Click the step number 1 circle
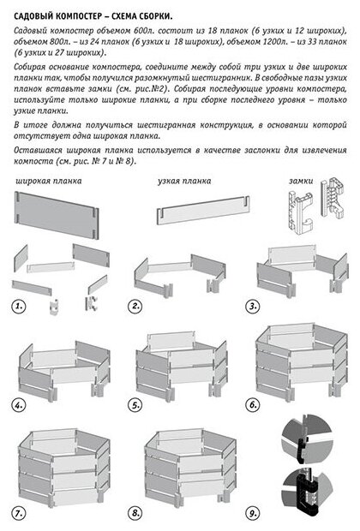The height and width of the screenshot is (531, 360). point(18,307)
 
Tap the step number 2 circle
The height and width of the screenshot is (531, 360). point(135,306)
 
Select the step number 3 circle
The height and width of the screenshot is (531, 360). point(252,307)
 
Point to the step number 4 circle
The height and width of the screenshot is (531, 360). point(18,405)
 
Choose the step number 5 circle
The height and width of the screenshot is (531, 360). point(135,405)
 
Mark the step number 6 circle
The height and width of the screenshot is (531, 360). point(252,405)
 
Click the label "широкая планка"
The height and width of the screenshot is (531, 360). point(49,182)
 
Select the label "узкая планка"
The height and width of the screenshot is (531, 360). point(184,182)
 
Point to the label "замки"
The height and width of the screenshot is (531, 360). point(301,182)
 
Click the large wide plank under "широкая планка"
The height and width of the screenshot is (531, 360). point(57,215)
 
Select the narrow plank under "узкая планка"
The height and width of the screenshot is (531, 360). point(203,211)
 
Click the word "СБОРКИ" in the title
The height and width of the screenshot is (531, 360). point(155,16)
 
